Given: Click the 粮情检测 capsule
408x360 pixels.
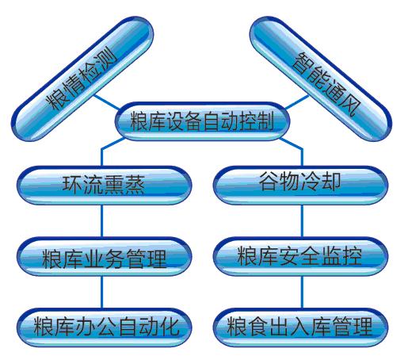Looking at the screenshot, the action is [x=82, y=79].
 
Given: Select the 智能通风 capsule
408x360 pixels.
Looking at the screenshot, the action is [x=321, y=79].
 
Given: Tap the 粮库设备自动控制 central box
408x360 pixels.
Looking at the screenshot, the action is [x=202, y=121].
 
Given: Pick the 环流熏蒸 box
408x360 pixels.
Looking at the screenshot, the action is [x=105, y=185].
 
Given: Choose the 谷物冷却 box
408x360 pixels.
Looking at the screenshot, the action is [x=300, y=185].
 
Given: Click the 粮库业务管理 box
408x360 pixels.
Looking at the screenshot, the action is [x=105, y=256].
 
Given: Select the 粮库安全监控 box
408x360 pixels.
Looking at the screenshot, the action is [x=300, y=256].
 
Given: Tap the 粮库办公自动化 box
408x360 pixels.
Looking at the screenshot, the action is [x=105, y=327].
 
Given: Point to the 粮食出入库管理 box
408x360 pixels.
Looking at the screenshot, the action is [x=300, y=327].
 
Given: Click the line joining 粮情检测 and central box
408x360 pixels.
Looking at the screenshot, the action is [x=107, y=102].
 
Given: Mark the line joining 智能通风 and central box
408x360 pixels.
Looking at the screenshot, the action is [x=297, y=102].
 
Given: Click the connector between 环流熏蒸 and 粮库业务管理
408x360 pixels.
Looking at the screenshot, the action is [x=101, y=221].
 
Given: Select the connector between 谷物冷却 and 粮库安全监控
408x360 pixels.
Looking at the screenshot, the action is [x=302, y=221].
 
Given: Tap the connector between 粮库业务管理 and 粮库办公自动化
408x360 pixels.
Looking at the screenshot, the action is [x=101, y=292].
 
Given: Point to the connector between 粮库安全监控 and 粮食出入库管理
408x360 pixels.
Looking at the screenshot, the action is [x=302, y=292].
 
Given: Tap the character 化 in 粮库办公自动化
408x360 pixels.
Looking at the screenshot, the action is [x=170, y=327].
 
